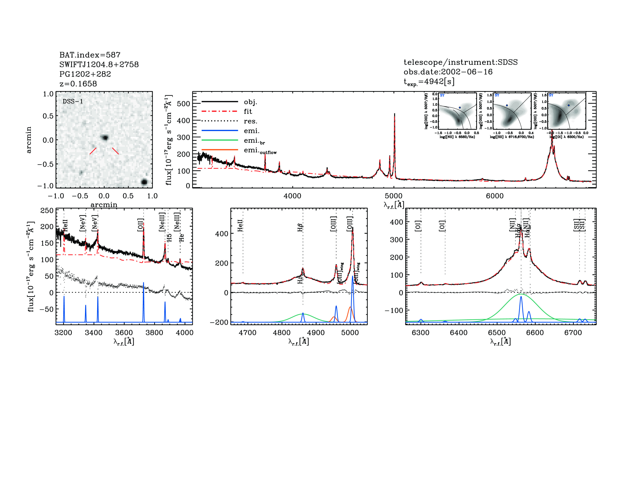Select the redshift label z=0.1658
78,84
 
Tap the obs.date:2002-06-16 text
448,72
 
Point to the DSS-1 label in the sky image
73,101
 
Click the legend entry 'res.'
250,121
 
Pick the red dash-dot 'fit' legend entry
248,111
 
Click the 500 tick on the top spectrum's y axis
183,104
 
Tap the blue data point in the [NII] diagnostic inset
460,107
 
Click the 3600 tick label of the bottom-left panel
124,333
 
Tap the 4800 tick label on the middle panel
282,333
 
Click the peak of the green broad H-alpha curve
521,294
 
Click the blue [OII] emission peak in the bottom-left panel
143,283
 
